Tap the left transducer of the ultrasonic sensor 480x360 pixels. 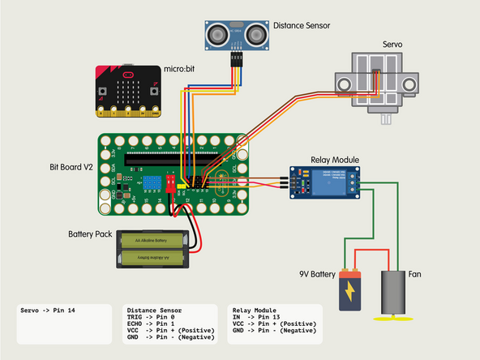(x=218, y=34)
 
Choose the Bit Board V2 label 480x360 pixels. (x=71, y=169)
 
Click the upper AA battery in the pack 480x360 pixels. (x=153, y=241)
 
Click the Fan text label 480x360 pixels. (x=415, y=275)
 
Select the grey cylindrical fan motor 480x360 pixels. (x=392, y=289)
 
